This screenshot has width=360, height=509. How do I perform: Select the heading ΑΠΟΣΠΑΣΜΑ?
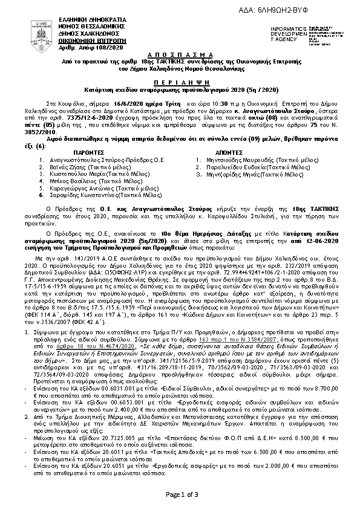180,54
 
